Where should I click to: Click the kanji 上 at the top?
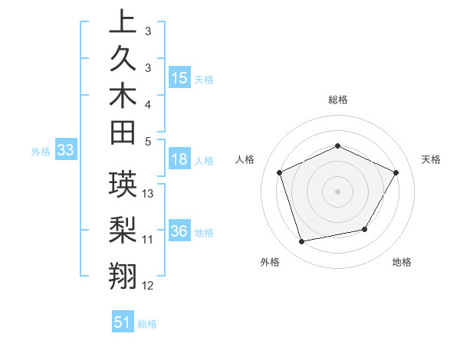click(122, 22)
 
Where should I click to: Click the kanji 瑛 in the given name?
click(122, 185)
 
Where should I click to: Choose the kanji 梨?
click(122, 230)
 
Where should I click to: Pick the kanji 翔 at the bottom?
click(122, 274)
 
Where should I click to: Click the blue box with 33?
click(66, 151)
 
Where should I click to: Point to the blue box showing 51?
click(123, 322)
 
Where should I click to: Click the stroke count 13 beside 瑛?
click(149, 194)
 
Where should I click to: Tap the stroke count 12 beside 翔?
click(148, 286)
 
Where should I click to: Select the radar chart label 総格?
click(338, 100)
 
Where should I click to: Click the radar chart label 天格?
click(432, 159)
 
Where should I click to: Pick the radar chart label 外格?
click(270, 263)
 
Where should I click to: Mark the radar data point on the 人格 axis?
click(279, 172)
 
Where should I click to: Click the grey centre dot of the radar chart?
click(337, 191)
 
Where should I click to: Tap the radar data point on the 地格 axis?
click(365, 229)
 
